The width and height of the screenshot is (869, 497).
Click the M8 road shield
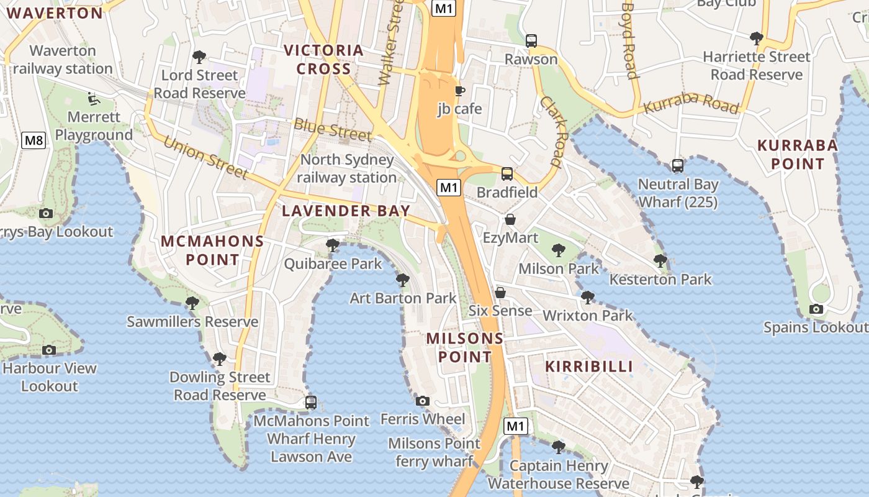[x=34, y=140]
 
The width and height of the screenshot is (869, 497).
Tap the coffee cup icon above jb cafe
[x=459, y=91]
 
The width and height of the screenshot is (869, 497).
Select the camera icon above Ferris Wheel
[x=423, y=401]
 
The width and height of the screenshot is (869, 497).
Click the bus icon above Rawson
[x=531, y=41]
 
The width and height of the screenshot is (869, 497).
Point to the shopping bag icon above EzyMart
[x=510, y=219]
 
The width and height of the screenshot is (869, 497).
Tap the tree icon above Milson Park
[x=558, y=250]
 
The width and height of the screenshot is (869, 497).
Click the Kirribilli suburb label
[x=589, y=367]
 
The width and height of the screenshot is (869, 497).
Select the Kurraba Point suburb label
[x=797, y=155]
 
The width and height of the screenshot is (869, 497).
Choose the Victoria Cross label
[x=323, y=60]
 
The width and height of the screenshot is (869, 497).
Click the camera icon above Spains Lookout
[x=816, y=309]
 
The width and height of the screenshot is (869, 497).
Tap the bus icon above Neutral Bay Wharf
[x=678, y=166]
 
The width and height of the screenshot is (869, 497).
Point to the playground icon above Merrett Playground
[x=93, y=98]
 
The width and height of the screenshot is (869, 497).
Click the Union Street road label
[x=205, y=158]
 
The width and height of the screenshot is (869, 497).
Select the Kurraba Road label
[x=691, y=104]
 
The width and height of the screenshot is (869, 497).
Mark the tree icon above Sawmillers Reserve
[x=192, y=303]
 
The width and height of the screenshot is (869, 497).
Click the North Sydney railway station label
[x=346, y=168]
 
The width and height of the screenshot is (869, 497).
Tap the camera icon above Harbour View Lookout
[x=49, y=350]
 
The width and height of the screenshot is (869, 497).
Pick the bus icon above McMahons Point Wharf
[x=311, y=403]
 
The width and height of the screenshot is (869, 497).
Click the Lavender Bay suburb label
[x=346, y=211]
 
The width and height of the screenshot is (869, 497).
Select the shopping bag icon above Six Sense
[x=500, y=292]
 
